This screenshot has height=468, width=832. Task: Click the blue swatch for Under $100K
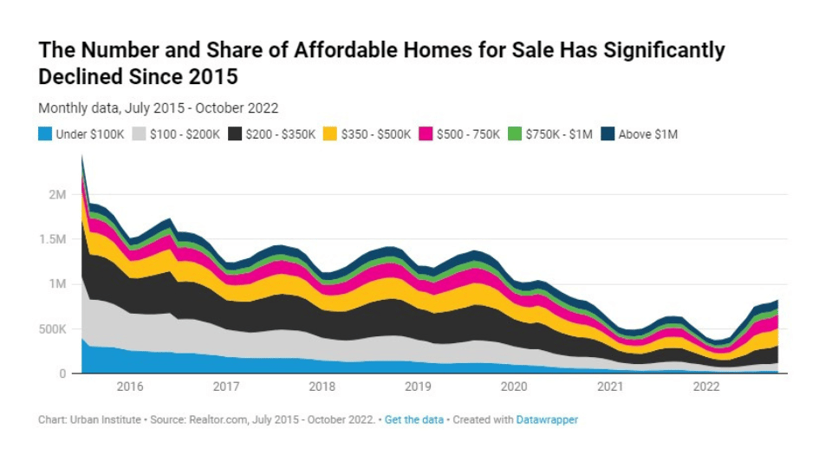tap(45, 134)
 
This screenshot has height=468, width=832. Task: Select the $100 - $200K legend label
tap(185, 134)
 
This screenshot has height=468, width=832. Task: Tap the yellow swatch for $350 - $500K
tap(329, 134)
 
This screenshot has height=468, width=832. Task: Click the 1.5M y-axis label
tap(52, 239)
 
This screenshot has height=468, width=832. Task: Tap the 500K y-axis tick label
tap(51, 329)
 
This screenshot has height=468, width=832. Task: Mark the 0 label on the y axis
tap(62, 374)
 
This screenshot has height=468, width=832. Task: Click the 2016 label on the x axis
tap(130, 387)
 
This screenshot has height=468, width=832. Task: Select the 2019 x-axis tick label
tap(418, 387)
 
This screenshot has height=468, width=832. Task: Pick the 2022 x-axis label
tap(706, 387)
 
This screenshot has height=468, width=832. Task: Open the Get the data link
tap(413, 419)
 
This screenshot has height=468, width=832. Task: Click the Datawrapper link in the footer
tap(547, 419)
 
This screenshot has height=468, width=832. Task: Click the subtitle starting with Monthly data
tap(158, 108)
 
